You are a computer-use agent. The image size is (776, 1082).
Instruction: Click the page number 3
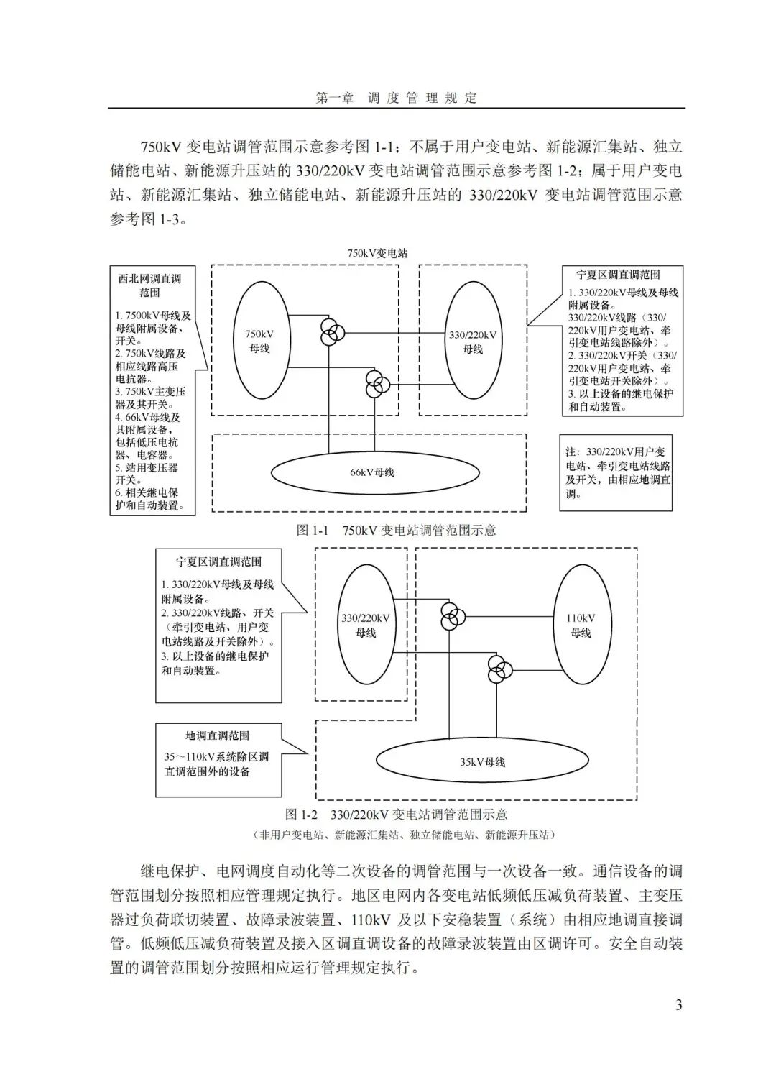coord(678,1004)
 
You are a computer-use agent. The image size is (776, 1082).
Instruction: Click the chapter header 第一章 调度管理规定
coord(397,98)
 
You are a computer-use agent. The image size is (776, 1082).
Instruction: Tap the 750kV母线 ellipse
coord(259,341)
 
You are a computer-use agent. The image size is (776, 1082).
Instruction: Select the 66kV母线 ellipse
coord(374,472)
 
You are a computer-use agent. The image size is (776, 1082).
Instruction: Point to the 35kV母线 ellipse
coord(483,761)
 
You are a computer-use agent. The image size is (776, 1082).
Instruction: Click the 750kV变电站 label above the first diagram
coord(377,253)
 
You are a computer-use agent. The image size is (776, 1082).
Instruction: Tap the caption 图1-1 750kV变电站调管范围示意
coord(397,531)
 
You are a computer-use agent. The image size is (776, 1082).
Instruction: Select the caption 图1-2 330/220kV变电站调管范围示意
coord(397,815)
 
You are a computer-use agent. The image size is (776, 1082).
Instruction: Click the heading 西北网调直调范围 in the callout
coord(150,285)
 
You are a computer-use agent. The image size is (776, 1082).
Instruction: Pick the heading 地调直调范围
coord(218,735)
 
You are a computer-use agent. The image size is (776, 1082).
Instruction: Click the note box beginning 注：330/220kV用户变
coord(616,472)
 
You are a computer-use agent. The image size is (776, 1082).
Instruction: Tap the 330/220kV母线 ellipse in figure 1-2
coord(366,625)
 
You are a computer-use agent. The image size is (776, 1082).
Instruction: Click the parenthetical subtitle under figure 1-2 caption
coord(404,835)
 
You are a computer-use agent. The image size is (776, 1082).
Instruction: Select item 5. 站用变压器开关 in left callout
coord(147,474)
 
